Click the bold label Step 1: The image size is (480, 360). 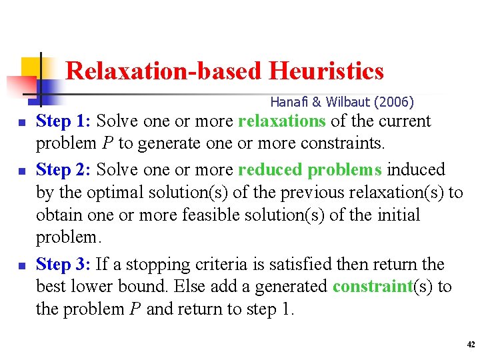[x=64, y=121]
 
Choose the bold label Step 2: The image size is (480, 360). [x=64, y=170]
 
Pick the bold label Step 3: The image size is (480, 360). [x=64, y=264]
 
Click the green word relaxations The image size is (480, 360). [x=281, y=121]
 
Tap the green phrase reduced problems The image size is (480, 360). [x=309, y=170]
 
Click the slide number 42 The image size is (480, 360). [x=471, y=345]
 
